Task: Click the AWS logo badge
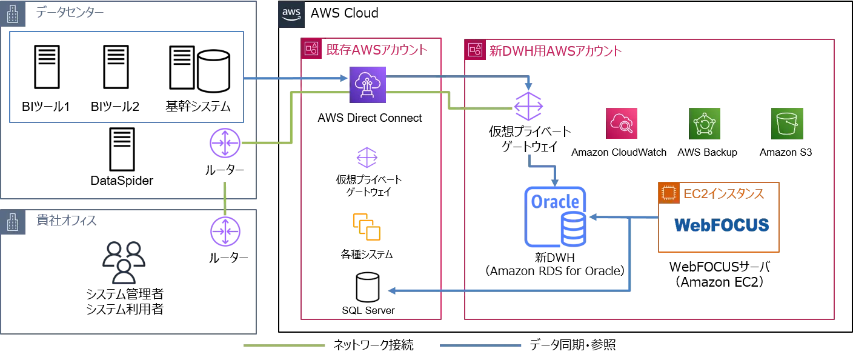click(291, 15)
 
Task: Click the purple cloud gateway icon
click(368, 87)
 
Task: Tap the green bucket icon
click(787, 124)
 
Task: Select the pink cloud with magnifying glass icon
click(623, 124)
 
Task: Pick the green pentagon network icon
click(705, 124)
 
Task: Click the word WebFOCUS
click(722, 225)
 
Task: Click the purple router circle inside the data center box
click(225, 144)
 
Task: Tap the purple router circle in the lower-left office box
click(225, 232)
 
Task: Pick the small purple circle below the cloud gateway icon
click(366, 158)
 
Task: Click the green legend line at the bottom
click(285, 347)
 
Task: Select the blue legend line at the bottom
click(479, 347)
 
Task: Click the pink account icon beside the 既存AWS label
click(311, 49)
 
